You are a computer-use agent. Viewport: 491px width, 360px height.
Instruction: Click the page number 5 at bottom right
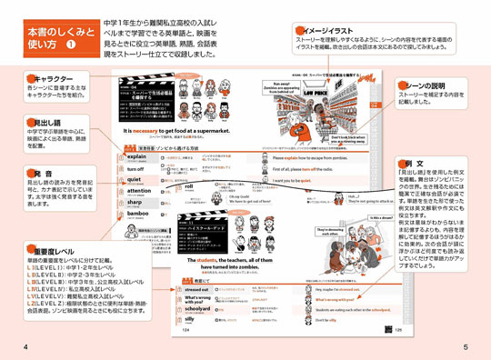tap(465, 347)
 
